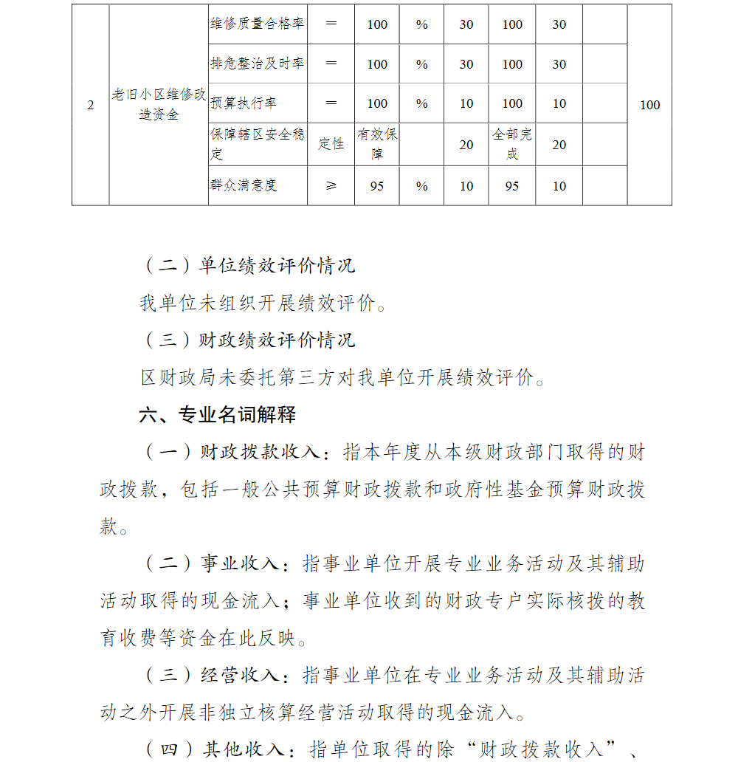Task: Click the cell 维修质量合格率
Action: pyautogui.click(x=257, y=24)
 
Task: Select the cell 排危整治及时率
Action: pyautogui.click(x=257, y=63)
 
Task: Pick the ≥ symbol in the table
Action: pyautogui.click(x=331, y=186)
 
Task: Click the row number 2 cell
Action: pyautogui.click(x=90, y=105)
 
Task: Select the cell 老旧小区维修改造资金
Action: pyautogui.click(x=159, y=105)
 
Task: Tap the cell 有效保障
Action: pyautogui.click(x=377, y=144)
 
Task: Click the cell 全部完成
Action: pyautogui.click(x=512, y=144)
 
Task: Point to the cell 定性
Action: pyautogui.click(x=331, y=144)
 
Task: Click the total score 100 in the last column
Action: pyautogui.click(x=649, y=105)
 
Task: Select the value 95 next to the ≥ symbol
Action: pyautogui.click(x=377, y=186)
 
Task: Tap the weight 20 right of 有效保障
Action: pyautogui.click(x=466, y=145)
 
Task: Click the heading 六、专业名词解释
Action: pyautogui.click(x=218, y=415)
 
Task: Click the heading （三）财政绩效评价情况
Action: pyautogui.click(x=248, y=340)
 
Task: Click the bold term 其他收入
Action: pyautogui.click(x=244, y=749)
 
